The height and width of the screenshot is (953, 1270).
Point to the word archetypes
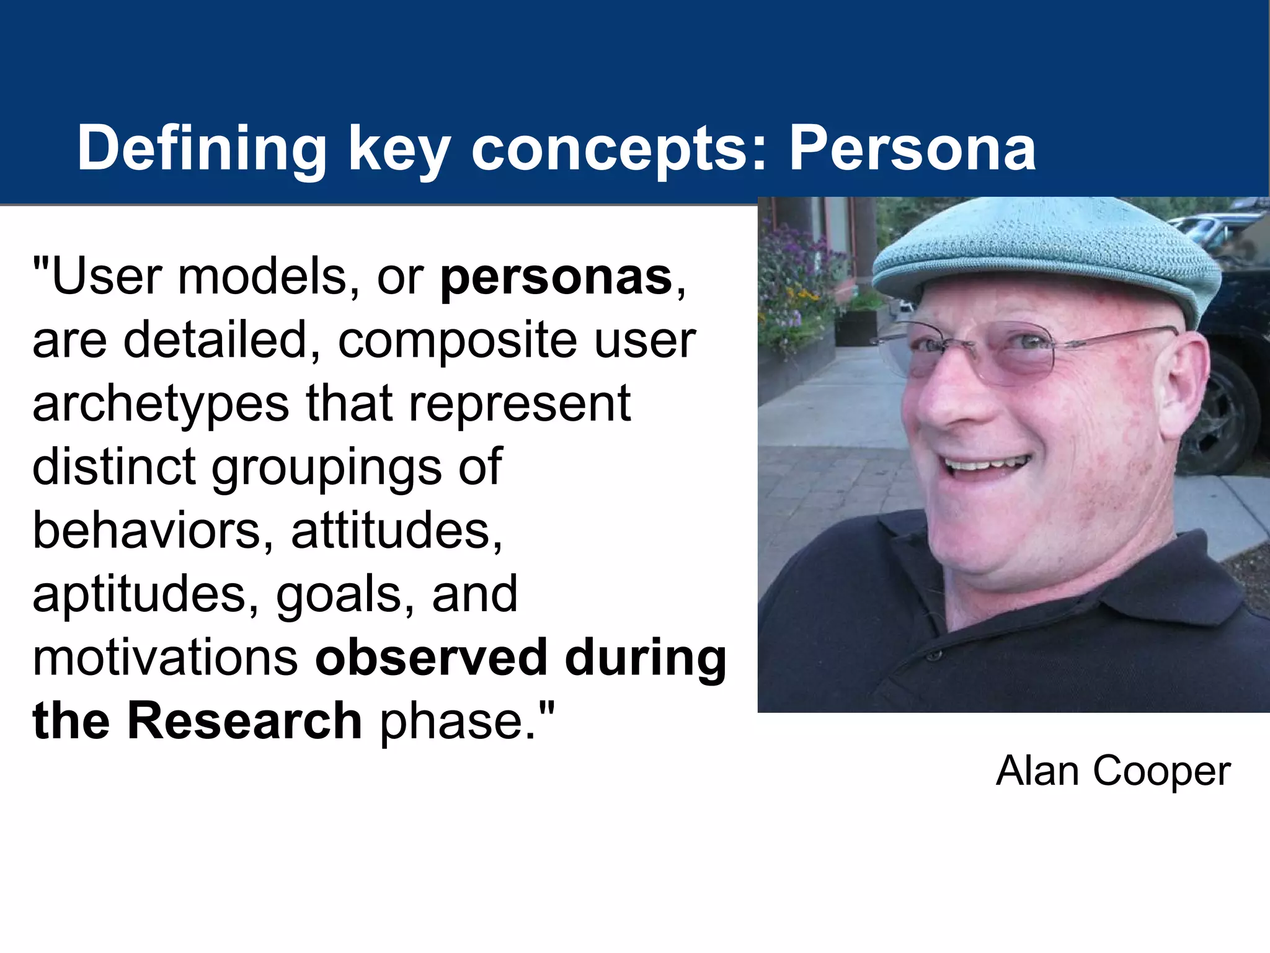coord(161,404)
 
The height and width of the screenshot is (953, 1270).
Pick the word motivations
coord(165,657)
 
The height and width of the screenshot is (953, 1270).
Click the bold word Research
coord(244,721)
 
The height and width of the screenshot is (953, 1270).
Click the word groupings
coord(326,468)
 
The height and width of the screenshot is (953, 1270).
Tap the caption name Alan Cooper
coord(1113,771)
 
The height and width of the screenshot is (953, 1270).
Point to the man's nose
coord(949,397)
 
